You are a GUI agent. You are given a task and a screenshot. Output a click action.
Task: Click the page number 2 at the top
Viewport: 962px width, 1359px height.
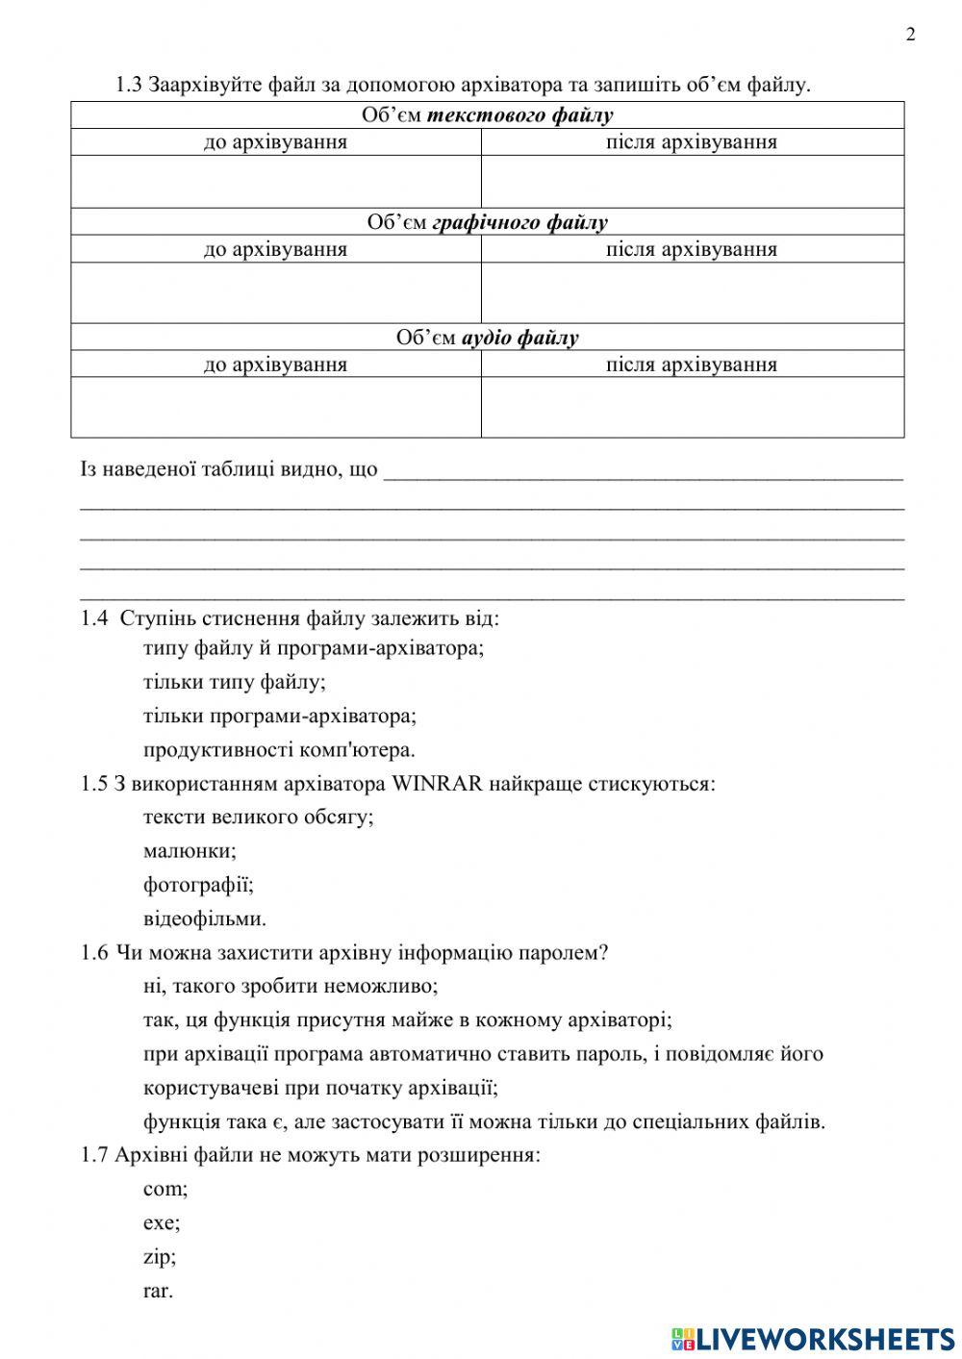[x=910, y=35]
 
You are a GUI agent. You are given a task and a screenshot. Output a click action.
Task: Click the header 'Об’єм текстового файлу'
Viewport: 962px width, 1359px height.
[x=487, y=115]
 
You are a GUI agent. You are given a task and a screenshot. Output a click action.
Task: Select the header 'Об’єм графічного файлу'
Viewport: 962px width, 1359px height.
[x=487, y=222]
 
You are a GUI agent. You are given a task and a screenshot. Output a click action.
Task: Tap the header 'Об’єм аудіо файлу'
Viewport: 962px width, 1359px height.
[x=487, y=338]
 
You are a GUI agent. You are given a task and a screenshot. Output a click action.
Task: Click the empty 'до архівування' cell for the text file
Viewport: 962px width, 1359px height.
[x=276, y=182]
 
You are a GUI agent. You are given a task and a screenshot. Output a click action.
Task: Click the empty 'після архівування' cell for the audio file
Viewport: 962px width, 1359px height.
[x=692, y=407]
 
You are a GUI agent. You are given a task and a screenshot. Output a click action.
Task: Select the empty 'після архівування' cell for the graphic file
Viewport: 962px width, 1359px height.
[x=692, y=292]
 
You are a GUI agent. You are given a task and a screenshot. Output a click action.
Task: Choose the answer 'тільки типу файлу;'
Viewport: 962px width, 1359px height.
[x=234, y=682]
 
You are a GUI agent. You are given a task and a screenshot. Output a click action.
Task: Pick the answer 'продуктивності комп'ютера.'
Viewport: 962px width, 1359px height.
[x=279, y=749]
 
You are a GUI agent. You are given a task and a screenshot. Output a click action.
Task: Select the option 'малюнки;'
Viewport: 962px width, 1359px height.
[x=190, y=850]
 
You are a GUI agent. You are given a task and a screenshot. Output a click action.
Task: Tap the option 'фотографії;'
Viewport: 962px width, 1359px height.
[x=198, y=884]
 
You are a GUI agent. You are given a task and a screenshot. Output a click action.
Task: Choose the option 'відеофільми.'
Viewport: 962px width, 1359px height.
[x=204, y=919]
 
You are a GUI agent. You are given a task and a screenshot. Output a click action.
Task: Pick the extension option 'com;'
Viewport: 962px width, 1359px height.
[x=165, y=1189]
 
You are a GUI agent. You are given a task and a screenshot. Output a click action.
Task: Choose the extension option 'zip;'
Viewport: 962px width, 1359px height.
[x=160, y=1256]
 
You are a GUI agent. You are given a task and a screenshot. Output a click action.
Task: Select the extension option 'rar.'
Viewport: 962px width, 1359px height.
[x=158, y=1291]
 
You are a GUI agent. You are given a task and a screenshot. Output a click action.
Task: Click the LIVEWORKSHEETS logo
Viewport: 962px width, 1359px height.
[x=813, y=1338]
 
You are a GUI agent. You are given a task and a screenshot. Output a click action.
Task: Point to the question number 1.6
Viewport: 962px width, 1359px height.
[x=94, y=952]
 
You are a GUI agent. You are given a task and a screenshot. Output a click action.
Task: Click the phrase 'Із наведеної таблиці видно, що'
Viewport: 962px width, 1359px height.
[x=229, y=470]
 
